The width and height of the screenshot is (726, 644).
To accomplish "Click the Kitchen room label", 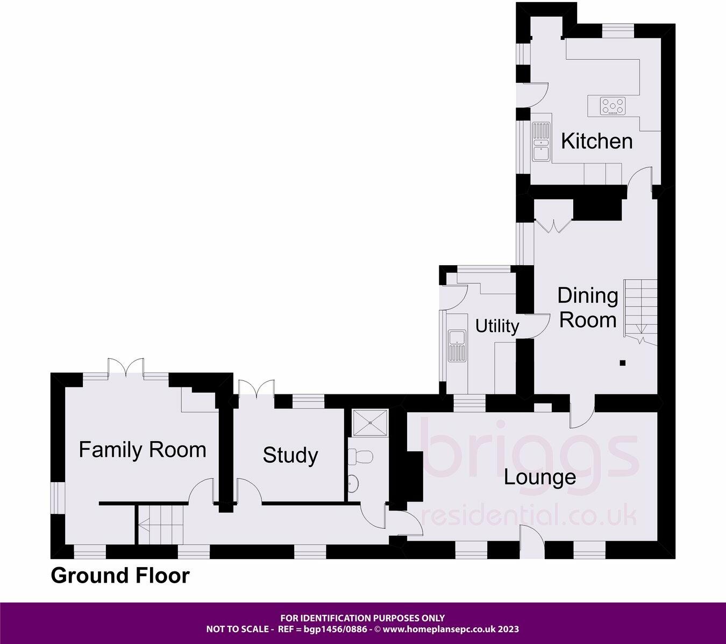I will pyautogui.click(x=596, y=141).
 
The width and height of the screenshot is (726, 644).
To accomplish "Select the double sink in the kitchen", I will pyautogui.click(x=540, y=141).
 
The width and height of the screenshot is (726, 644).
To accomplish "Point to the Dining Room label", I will pyautogui.click(x=587, y=308).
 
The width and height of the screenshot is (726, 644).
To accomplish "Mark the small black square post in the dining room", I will pyautogui.click(x=623, y=363).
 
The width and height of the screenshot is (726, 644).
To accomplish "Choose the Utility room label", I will pyautogui.click(x=497, y=326).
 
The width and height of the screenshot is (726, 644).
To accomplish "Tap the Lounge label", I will pyautogui.click(x=539, y=477).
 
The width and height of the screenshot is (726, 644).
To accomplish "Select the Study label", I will pyautogui.click(x=290, y=456).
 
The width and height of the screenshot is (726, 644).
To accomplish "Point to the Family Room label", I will pyautogui.click(x=142, y=450).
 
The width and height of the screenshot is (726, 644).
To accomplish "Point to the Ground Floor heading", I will pyautogui.click(x=120, y=576).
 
